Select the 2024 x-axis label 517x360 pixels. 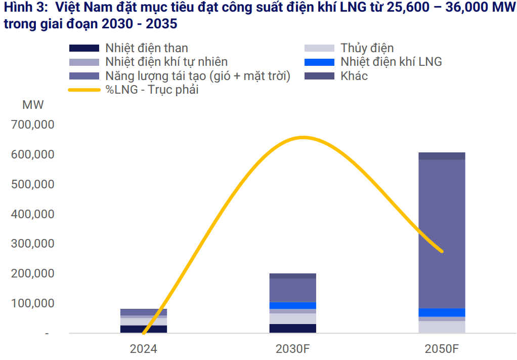pyautogui.click(x=143, y=349)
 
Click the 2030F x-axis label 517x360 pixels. pyautogui.click(x=292, y=349)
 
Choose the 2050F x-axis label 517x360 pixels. pyautogui.click(x=442, y=349)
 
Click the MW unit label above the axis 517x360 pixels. pyautogui.click(x=33, y=105)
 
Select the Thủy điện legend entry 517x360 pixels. pyautogui.click(x=367, y=48)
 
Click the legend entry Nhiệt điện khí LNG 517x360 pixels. pyautogui.click(x=391, y=62)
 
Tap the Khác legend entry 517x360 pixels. pyautogui.click(x=354, y=76)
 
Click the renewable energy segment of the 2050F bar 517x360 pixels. pyautogui.click(x=442, y=233)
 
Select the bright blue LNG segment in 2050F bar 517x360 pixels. pyautogui.click(x=442, y=312)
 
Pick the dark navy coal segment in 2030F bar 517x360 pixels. pyautogui.click(x=292, y=328)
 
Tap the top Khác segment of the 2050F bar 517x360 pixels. pyautogui.click(x=442, y=156)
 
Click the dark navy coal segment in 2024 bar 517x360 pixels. pyautogui.click(x=143, y=329)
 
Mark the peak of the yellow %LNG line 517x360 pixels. pyautogui.click(x=303, y=137)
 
